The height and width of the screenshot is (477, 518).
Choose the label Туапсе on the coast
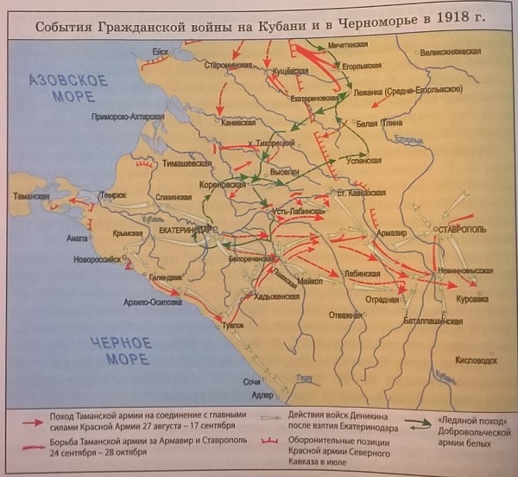[x=231, y=328]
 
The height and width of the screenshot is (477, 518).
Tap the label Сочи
[x=251, y=381]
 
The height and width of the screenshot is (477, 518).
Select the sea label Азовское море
[x=68, y=88]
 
